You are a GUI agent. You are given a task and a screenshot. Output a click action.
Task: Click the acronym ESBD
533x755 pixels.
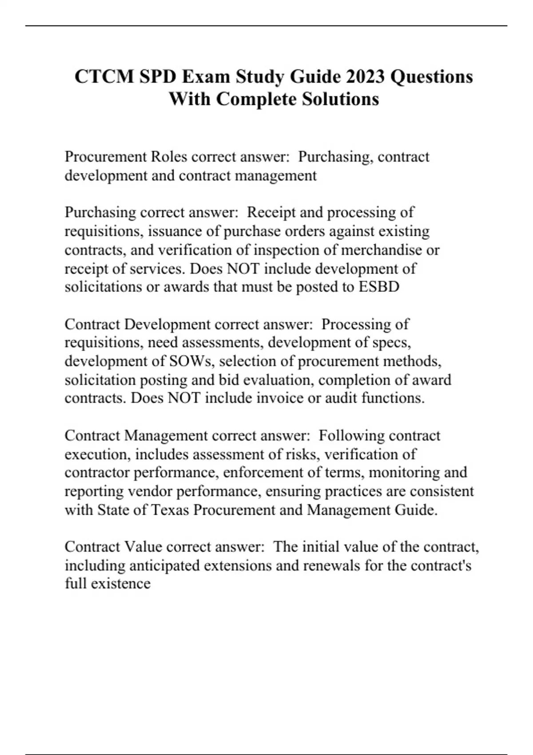(x=379, y=287)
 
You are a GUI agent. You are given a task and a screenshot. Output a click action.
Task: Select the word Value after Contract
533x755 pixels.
(x=143, y=547)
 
